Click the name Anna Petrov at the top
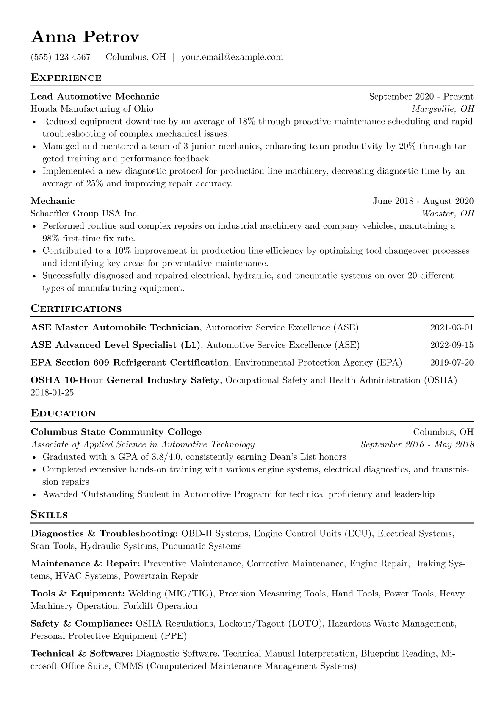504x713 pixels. coord(85,37)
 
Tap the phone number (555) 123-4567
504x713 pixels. coord(61,57)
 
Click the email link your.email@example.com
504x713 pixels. coord(232,57)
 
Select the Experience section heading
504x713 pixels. coord(66,78)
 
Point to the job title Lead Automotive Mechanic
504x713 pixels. coord(95,97)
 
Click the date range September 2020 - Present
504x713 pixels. coord(421,97)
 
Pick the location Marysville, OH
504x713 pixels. coord(443,109)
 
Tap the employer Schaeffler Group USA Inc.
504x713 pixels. coord(85,214)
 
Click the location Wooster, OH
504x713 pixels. coord(448,214)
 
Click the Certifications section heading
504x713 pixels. coord(76,309)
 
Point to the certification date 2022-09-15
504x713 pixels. coord(451,345)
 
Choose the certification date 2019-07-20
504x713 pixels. coord(451,363)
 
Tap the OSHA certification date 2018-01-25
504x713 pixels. coord(52,393)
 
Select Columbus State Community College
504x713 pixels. coord(116,432)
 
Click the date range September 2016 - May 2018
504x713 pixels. coord(417,444)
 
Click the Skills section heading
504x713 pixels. coord(49,515)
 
